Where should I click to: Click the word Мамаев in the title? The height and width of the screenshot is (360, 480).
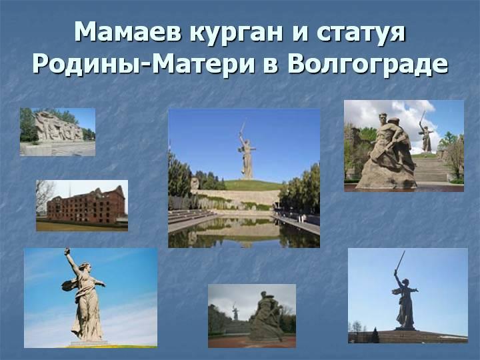click(x=128, y=32)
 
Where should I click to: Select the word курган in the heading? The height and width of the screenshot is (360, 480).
click(x=236, y=34)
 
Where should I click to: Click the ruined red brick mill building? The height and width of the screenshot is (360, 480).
click(x=86, y=206)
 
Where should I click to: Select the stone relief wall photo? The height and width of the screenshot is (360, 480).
click(x=57, y=131)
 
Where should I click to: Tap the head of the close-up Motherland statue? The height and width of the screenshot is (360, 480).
click(x=85, y=267)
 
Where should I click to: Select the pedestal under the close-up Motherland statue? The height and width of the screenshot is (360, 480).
click(x=89, y=343)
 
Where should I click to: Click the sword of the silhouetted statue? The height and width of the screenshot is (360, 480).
click(x=401, y=263)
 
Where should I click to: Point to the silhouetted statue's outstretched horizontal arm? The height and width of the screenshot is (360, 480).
click(x=412, y=289)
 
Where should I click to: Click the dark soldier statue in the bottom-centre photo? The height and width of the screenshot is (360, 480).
click(x=266, y=316)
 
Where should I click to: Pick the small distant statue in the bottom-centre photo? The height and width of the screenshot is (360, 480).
click(x=235, y=311)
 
